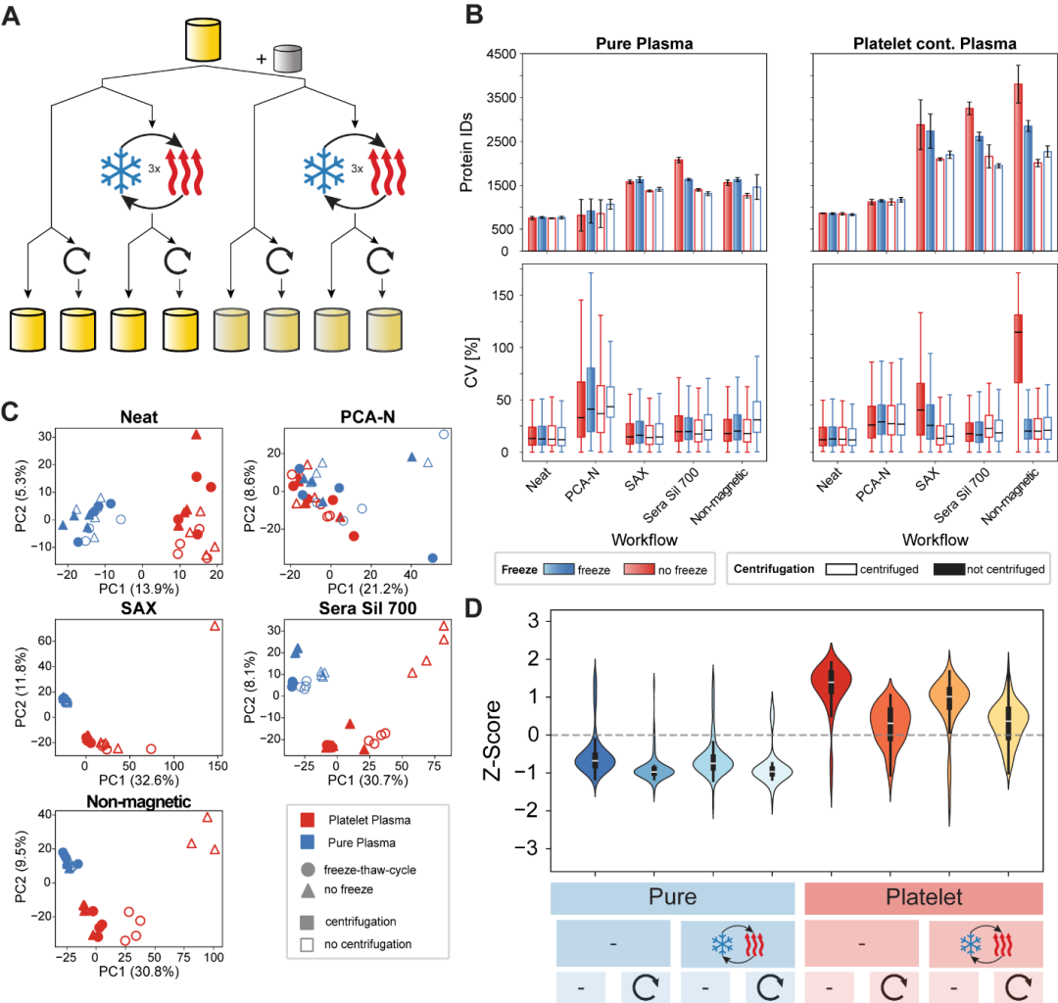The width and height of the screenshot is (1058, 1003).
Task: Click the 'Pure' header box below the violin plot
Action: (x=672, y=897)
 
